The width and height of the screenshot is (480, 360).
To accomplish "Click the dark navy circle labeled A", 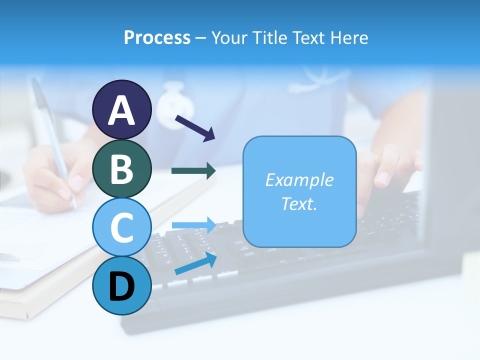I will tap(122, 109).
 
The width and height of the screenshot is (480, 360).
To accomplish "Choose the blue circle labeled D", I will tap(122, 285).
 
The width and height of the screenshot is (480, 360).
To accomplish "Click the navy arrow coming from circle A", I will tap(195, 127).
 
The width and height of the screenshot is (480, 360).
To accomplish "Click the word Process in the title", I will tap(157, 37).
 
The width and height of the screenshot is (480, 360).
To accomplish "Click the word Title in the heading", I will tap(270, 37).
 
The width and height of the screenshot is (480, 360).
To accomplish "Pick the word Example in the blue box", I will tap(299, 180).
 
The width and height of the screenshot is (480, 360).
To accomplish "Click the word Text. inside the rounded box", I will tap(299, 204).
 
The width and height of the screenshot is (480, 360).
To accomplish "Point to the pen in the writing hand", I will tap(52, 140).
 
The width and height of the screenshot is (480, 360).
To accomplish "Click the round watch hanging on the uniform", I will tap(175, 106).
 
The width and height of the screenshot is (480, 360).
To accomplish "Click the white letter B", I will tap(122, 168).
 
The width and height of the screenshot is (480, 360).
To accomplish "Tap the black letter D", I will tap(122, 286).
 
